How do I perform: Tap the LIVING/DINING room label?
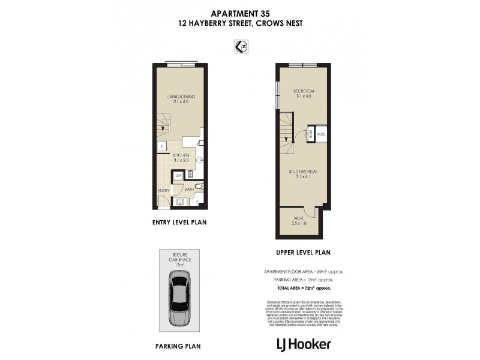pyautogui.click(x=181, y=99)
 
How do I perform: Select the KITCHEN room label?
pyautogui.click(x=181, y=158)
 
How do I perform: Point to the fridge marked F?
pyautogui.click(x=162, y=145)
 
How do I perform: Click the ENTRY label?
pyautogui.click(x=163, y=191)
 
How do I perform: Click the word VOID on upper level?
pyautogui.click(x=321, y=134)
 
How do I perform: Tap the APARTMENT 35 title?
pyautogui.click(x=239, y=14)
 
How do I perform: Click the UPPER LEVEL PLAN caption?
pyautogui.click(x=303, y=253)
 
